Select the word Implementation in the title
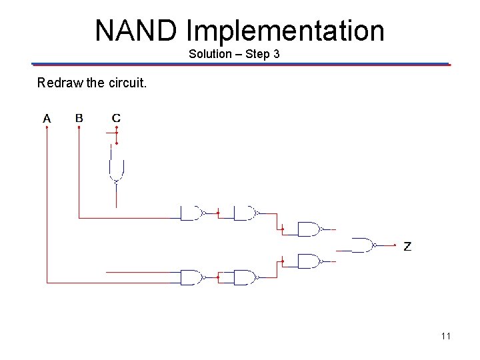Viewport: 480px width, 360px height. [285, 31]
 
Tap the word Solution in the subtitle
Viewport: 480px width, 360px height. [209, 54]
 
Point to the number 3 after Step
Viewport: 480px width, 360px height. [276, 54]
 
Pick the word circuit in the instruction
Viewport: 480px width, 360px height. [127, 83]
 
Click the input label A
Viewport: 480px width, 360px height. [47, 119]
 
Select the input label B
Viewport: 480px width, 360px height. [79, 119]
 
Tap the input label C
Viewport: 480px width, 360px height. [116, 119]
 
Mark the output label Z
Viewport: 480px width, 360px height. [407, 247]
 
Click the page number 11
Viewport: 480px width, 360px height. [445, 336]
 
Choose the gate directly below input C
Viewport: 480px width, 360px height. [115, 171]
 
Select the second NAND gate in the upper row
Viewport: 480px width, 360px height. [245, 213]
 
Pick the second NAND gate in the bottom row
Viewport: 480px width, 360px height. [245, 277]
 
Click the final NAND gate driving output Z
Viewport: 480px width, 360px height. [363, 245]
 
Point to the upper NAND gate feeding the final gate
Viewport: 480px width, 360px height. [309, 229]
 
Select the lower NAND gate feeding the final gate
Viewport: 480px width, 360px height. [309, 261]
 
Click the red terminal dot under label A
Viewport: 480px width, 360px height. [47, 128]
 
